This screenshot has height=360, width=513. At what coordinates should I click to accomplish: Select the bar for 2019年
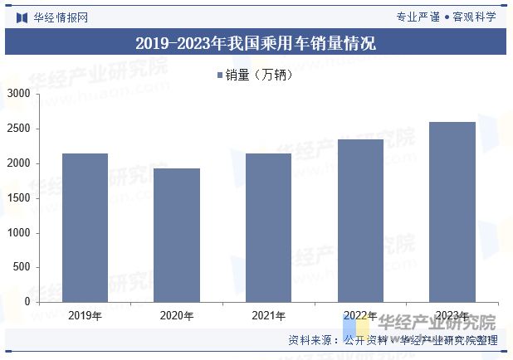tap(85, 227)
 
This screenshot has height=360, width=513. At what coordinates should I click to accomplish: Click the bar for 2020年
tap(177, 235)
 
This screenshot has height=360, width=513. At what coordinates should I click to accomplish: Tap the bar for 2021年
tap(268, 227)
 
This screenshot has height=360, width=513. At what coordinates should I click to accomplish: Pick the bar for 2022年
tap(360, 221)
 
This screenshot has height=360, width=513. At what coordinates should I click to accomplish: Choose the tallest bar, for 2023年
tap(452, 212)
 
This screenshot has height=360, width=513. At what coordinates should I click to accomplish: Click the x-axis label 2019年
tap(85, 316)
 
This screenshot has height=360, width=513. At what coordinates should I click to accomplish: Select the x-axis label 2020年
tap(177, 316)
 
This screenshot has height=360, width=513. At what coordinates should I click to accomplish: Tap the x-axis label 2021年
tap(268, 316)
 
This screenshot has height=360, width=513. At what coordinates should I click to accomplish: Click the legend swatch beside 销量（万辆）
tap(220, 75)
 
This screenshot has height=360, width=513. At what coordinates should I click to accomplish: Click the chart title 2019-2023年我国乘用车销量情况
tap(256, 43)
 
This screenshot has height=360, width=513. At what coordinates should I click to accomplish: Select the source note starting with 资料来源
tap(392, 340)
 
